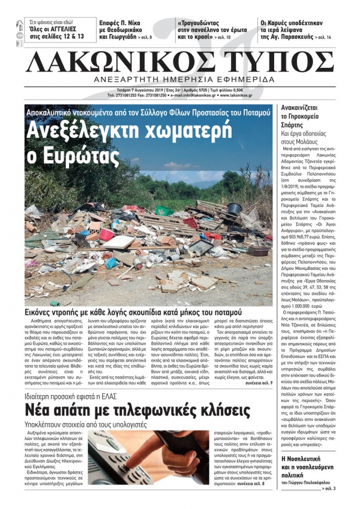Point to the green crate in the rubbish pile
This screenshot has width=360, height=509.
pyautogui.click(x=164, y=211)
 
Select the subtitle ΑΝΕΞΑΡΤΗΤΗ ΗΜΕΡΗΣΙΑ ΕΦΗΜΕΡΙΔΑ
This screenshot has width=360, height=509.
pyautogui.click(x=179, y=80)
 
